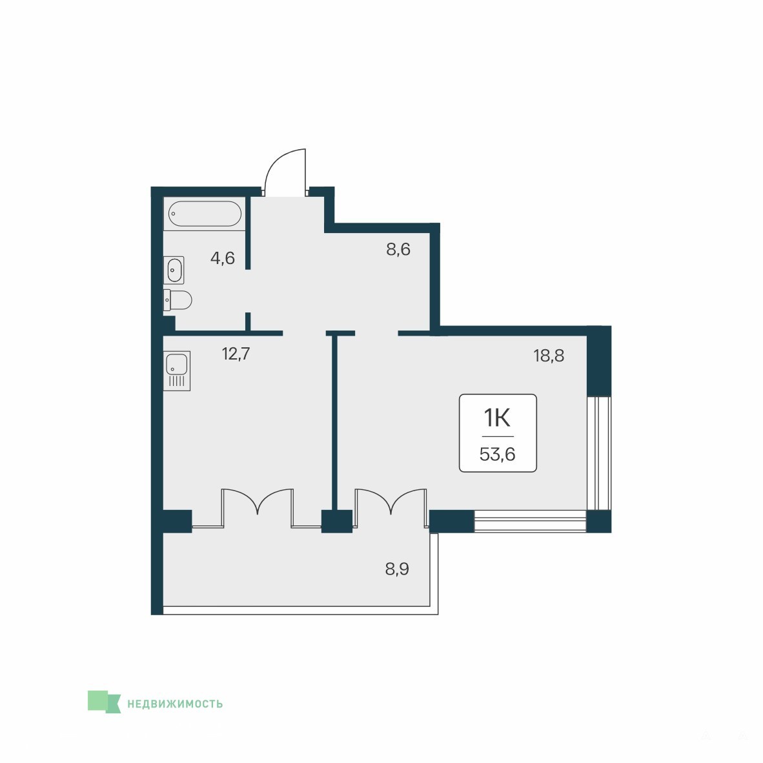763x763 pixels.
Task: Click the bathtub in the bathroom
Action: tap(205, 214)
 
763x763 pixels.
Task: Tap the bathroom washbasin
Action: tap(174, 270)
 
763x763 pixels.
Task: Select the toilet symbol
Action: tap(178, 300)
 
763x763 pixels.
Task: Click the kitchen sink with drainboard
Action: tap(177, 371)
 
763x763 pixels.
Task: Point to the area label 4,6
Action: tap(222, 258)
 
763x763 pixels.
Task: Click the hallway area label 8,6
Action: tap(398, 250)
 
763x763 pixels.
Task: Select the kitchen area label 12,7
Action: tap(236, 354)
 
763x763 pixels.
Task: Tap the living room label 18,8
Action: tap(549, 356)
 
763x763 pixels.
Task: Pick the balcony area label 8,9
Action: tap(397, 568)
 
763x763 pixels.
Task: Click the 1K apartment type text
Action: tap(497, 418)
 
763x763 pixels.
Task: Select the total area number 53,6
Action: tap(497, 454)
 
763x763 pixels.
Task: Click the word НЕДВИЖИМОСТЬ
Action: tap(175, 704)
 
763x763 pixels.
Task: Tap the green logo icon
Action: tap(104, 702)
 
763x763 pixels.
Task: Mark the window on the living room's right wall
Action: tap(598, 453)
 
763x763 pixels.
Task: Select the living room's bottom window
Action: tap(530, 521)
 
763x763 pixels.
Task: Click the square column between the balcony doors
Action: tap(337, 521)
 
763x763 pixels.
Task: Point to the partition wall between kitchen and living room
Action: tap(334, 422)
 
